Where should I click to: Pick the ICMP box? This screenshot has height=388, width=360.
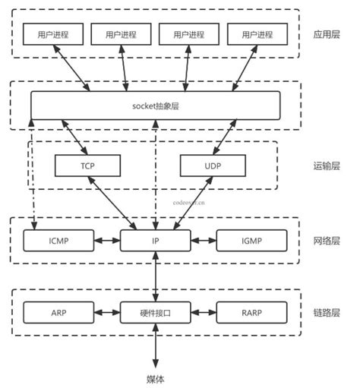(59, 241)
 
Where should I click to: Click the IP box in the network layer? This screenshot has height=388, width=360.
(155, 241)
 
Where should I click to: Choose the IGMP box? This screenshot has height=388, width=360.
(251, 241)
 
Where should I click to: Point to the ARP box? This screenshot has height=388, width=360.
(59, 312)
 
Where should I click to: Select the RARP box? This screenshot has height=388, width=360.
(251, 312)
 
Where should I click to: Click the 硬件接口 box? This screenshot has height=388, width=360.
(155, 312)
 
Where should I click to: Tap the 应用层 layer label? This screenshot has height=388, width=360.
(327, 34)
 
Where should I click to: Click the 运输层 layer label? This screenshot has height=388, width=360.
(327, 165)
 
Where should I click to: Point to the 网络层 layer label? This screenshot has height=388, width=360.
(327, 241)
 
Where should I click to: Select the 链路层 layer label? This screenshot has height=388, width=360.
(327, 312)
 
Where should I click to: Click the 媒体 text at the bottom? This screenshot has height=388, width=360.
(155, 378)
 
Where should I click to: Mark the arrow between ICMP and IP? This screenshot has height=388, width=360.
(107, 241)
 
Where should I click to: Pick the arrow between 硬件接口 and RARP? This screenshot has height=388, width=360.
(203, 312)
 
